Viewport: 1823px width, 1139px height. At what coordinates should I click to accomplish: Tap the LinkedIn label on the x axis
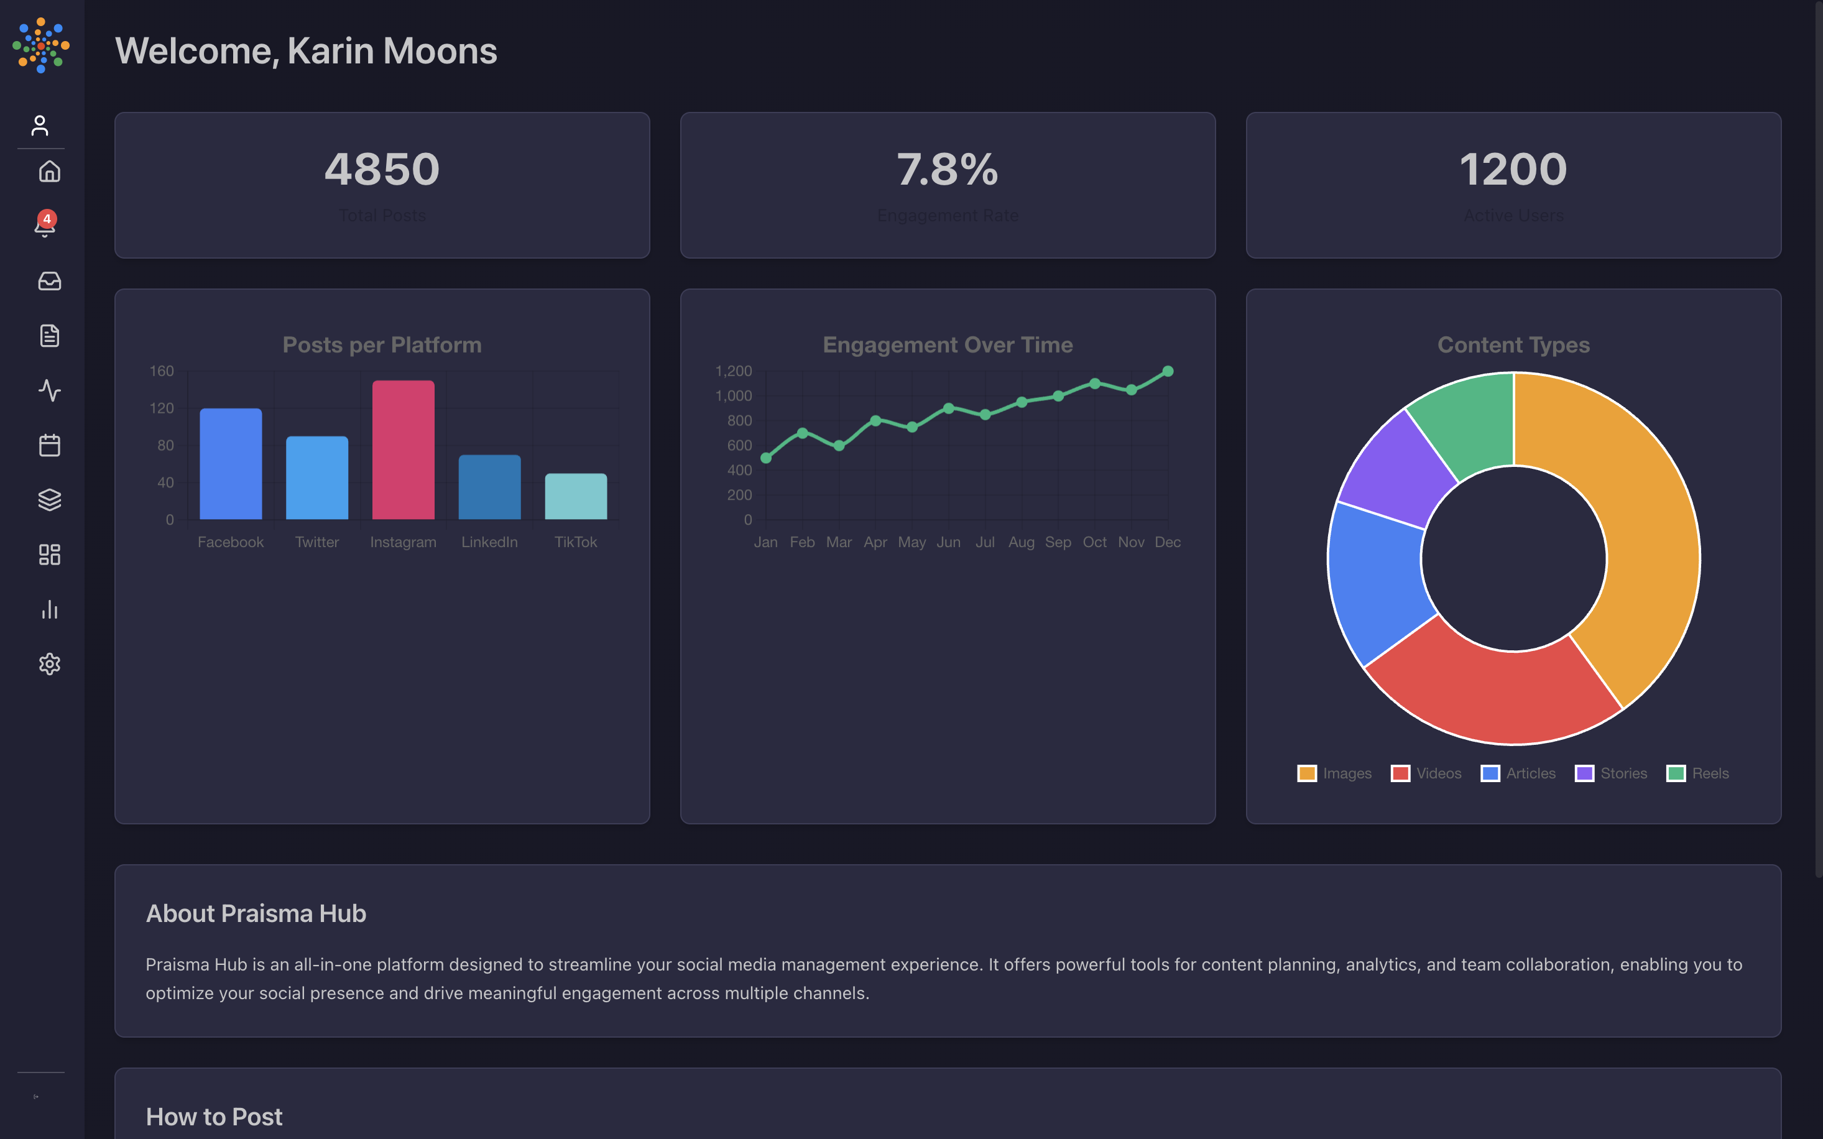click(x=489, y=542)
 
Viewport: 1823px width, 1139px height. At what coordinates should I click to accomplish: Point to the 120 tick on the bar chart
click(x=161, y=408)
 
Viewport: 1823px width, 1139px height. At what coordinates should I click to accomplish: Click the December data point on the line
click(x=1168, y=371)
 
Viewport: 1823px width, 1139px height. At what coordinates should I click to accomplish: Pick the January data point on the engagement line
click(x=766, y=458)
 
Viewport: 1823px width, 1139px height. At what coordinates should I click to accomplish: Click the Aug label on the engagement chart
click(x=1021, y=542)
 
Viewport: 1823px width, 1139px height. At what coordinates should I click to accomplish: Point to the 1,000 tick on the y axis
click(x=733, y=396)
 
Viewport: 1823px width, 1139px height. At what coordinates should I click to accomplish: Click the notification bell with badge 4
click(x=45, y=225)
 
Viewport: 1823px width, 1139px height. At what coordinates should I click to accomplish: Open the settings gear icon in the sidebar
click(x=50, y=663)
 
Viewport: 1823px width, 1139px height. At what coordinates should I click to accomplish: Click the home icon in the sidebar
click(x=50, y=172)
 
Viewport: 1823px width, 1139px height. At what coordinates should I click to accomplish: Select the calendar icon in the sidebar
click(x=50, y=445)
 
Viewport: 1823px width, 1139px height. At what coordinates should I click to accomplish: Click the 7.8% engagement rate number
click(x=947, y=170)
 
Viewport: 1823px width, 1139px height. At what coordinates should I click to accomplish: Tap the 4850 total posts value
click(x=382, y=170)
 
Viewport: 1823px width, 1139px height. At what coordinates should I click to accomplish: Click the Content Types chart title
click(x=1513, y=345)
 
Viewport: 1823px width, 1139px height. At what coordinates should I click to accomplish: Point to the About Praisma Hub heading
click(x=256, y=914)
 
